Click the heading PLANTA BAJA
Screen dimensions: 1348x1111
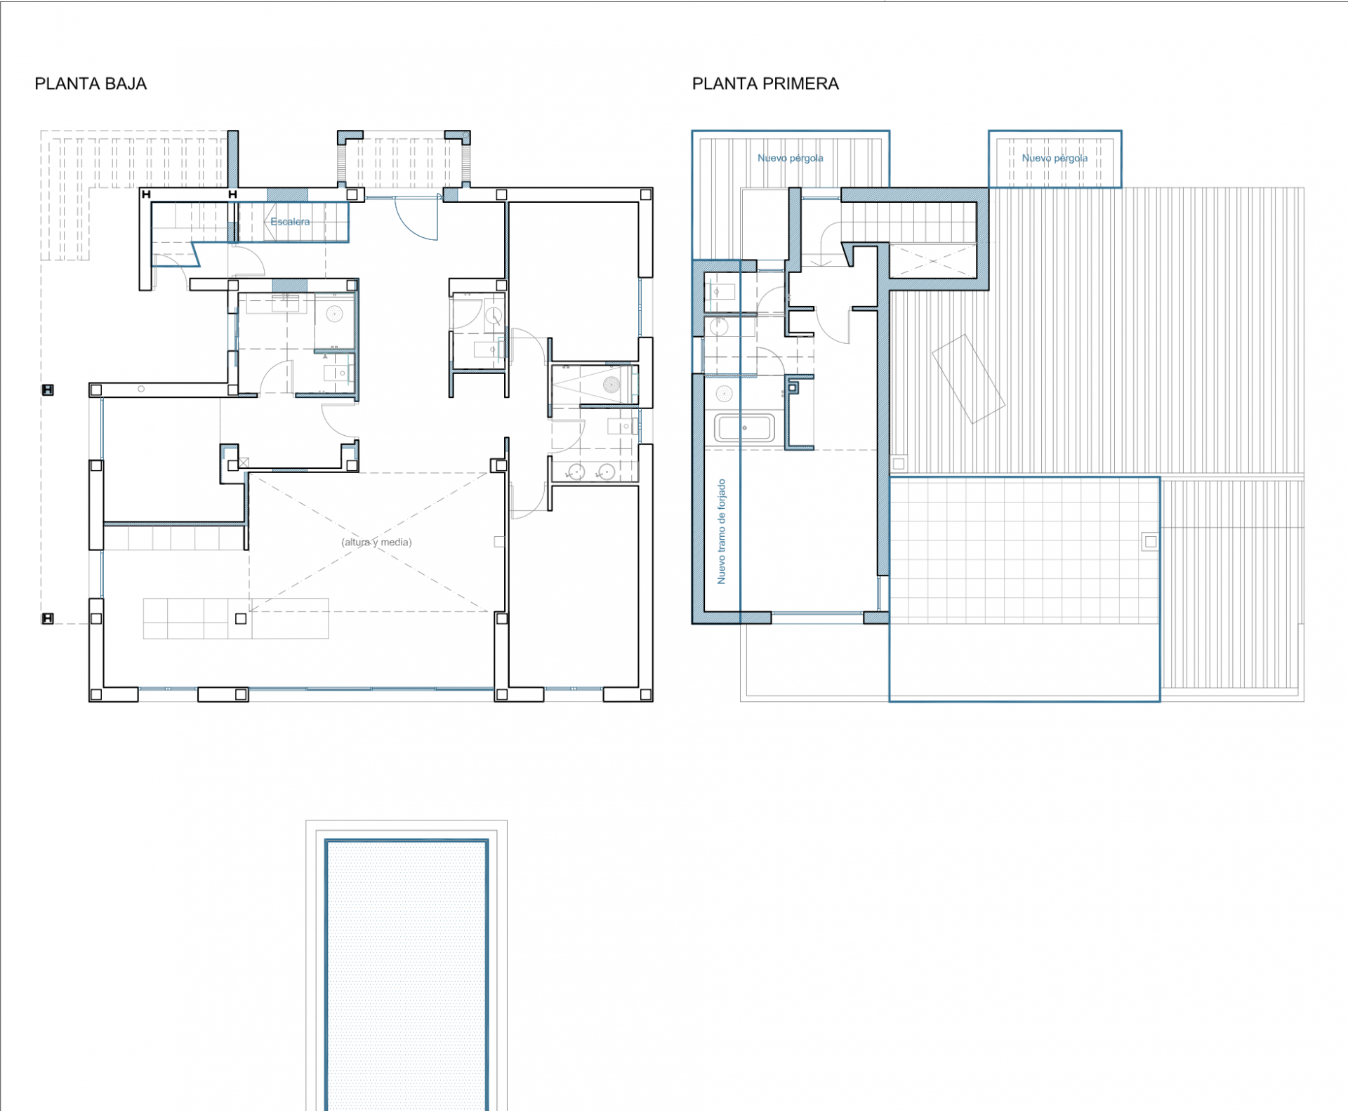tap(91, 84)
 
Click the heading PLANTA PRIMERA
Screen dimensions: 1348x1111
tap(765, 84)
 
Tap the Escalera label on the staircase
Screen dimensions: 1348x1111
tap(290, 222)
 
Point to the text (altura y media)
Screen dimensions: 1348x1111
tap(376, 542)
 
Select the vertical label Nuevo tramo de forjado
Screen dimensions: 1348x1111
tap(721, 531)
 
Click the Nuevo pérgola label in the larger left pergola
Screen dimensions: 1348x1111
tap(791, 158)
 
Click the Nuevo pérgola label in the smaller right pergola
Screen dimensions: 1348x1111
tap(1055, 158)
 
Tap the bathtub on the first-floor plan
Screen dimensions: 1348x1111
tap(744, 427)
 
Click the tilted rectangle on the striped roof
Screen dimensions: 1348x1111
tap(968, 379)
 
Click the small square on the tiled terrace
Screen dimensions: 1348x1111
tap(1150, 542)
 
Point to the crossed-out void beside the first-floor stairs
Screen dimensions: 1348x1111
tap(932, 261)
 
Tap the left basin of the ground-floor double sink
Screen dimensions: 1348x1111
tap(576, 472)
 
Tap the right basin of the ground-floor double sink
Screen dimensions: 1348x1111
tap(607, 472)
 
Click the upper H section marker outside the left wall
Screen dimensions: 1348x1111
tap(48, 390)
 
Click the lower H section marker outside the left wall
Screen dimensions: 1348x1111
tap(48, 618)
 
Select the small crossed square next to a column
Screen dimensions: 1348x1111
tap(244, 463)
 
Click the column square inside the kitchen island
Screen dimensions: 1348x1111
tap(241, 618)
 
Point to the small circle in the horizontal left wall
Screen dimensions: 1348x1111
tap(141, 389)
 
